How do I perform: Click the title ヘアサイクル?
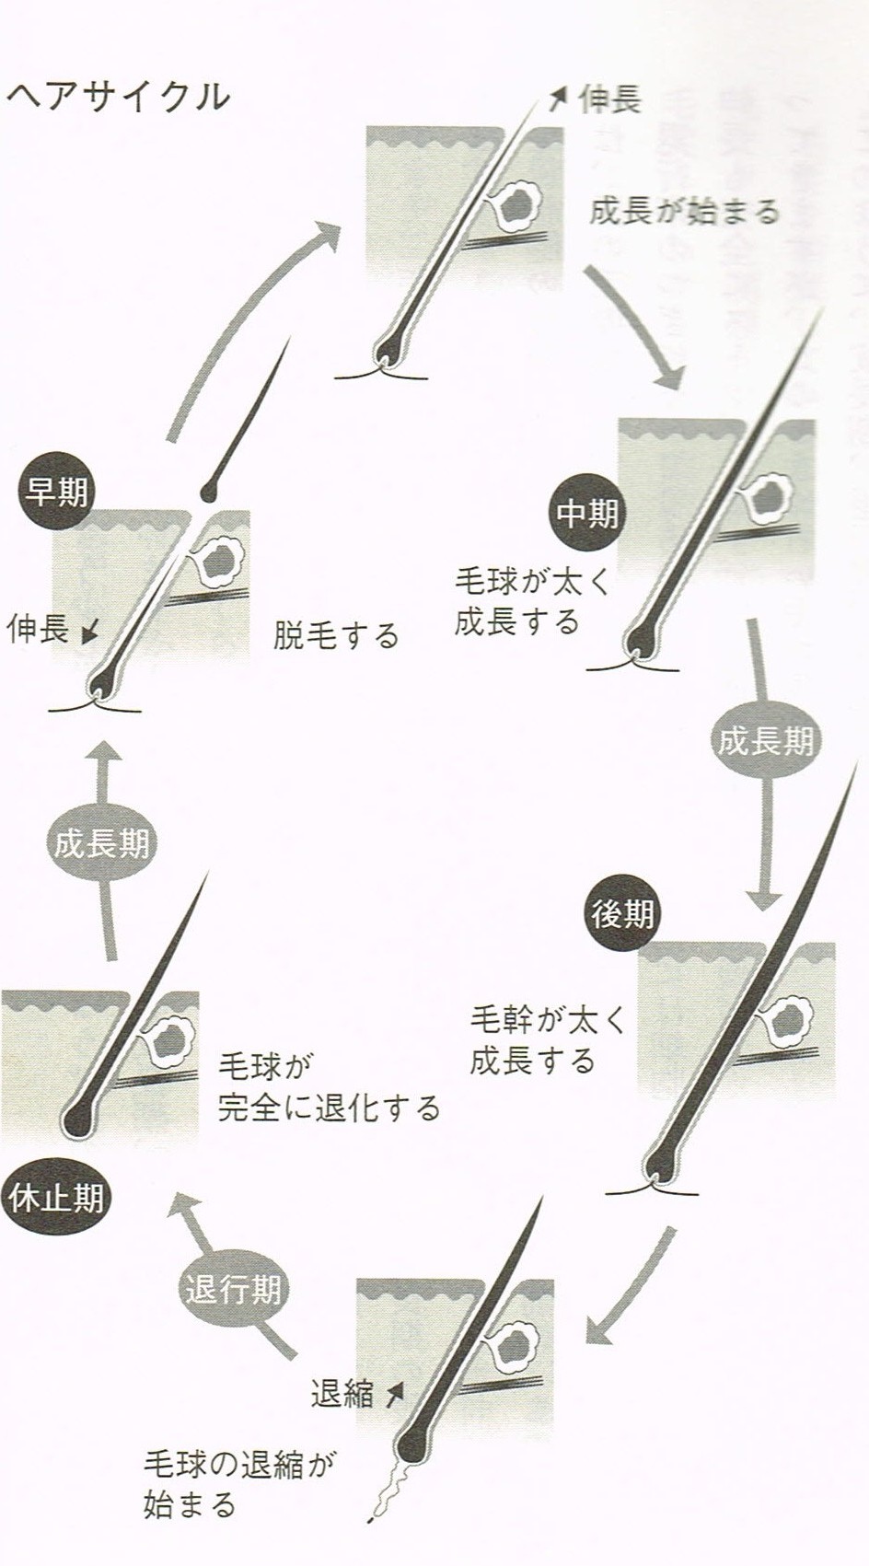(x=118, y=96)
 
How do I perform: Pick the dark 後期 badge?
(x=623, y=914)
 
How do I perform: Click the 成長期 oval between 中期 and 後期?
(x=766, y=741)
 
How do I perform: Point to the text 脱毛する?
(x=336, y=635)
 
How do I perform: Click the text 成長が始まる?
(x=684, y=212)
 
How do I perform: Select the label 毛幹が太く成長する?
(x=547, y=1040)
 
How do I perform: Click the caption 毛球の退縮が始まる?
(x=239, y=1484)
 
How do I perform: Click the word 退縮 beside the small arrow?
(x=342, y=1395)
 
